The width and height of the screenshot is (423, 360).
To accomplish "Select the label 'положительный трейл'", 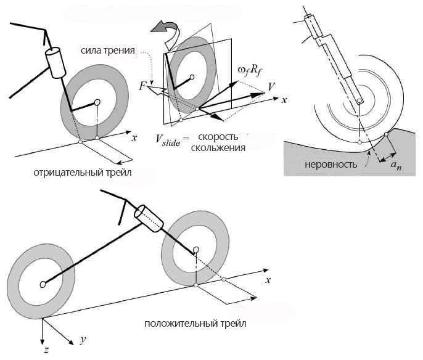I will pyautogui.click(x=195, y=324).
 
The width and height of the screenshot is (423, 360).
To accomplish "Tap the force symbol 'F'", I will pyautogui.click(x=143, y=86).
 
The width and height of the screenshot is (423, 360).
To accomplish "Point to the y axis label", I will pyautogui.click(x=82, y=340).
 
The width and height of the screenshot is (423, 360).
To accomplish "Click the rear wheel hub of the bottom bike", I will pyautogui.click(x=43, y=284).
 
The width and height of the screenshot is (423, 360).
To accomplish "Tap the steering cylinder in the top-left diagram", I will pyautogui.click(x=55, y=62).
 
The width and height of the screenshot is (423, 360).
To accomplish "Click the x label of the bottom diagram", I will pyautogui.click(x=269, y=280).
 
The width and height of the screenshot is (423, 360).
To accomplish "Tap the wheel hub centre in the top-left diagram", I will pyautogui.click(x=97, y=102).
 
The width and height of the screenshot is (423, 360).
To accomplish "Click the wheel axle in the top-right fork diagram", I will pyautogui.click(x=359, y=101).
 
